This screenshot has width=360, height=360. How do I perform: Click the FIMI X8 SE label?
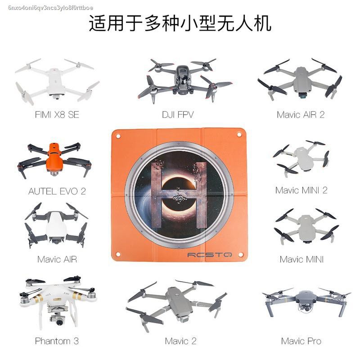coord(57,115)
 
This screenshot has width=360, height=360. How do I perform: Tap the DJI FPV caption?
coord(178,115)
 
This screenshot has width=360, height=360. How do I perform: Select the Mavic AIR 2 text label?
coord(301,115)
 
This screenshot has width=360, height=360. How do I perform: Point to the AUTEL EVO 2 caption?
coord(57,191)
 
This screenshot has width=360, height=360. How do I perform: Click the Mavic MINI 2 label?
coord(301,190)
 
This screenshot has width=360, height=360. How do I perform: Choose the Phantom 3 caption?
coord(57,341)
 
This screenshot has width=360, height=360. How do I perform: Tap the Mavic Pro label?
coord(301,341)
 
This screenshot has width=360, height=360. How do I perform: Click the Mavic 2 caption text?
coord(181,341)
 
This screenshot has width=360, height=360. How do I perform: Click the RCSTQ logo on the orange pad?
coord(210,255)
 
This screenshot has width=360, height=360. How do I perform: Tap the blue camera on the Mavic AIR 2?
coord(303,95)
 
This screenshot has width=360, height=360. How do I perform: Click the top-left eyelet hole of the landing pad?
coord(118,136)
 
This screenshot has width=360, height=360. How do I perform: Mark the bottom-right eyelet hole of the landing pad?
coord(241,254)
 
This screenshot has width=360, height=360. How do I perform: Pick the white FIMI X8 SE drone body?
coord(56,81)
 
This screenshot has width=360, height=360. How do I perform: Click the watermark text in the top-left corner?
coord(50,8)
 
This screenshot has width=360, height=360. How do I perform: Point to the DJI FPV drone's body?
coord(182,79)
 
